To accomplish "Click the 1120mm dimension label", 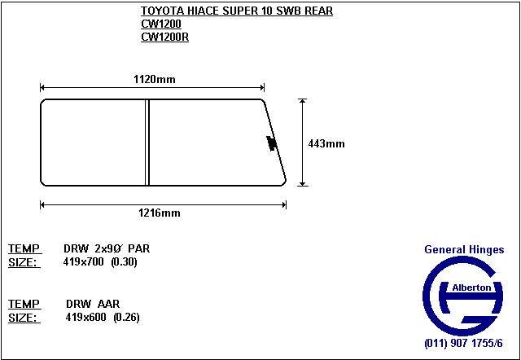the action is pos(155,80).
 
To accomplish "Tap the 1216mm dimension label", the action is pos(160,213).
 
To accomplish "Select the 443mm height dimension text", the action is pos(326,144).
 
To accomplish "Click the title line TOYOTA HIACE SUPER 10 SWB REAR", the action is pos(237,11).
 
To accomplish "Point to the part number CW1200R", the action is pos(164,37).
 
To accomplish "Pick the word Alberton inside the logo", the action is pos(471,288).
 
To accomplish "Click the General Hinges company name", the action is pos(464,249).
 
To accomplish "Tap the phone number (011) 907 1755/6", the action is pos(463,344).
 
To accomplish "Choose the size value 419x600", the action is pos(85,318).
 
